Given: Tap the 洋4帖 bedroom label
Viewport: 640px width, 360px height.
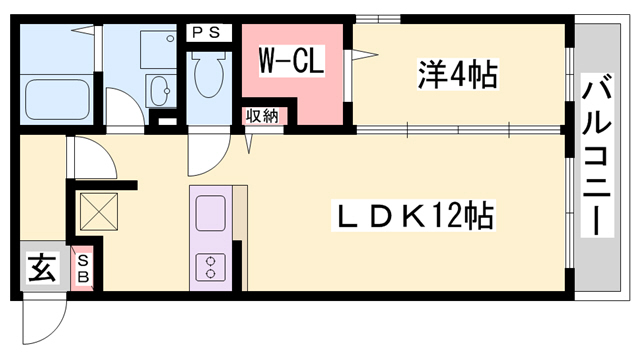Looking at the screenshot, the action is click(458, 74).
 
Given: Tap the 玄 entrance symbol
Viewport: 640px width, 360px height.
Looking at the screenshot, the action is click(40, 268).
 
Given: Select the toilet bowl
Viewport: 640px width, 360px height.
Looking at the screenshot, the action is click(207, 75).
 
